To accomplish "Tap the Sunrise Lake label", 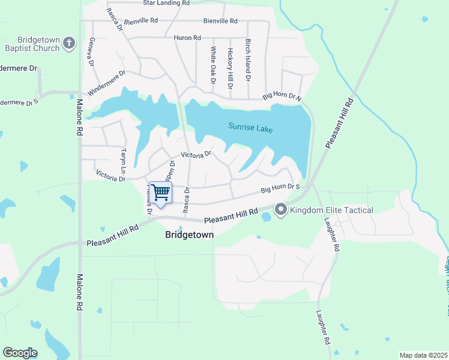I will pyautogui.click(x=250, y=127).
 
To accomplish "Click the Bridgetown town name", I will pyautogui.click(x=189, y=235).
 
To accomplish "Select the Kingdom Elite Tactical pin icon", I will pyautogui.click(x=280, y=210).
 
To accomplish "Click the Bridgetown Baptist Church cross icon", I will pyautogui.click(x=70, y=43).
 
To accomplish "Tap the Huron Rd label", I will pyautogui.click(x=187, y=38).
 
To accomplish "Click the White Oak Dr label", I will pyautogui.click(x=212, y=65).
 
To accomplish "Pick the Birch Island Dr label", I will pyautogui.click(x=247, y=61).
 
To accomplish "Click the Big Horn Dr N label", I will pyautogui.click(x=282, y=97).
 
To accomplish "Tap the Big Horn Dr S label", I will pyautogui.click(x=280, y=189).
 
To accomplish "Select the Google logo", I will pyautogui.click(x=20, y=353).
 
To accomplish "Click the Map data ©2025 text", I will pyautogui.click(x=423, y=355).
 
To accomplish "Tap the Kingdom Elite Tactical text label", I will pyautogui.click(x=331, y=210).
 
